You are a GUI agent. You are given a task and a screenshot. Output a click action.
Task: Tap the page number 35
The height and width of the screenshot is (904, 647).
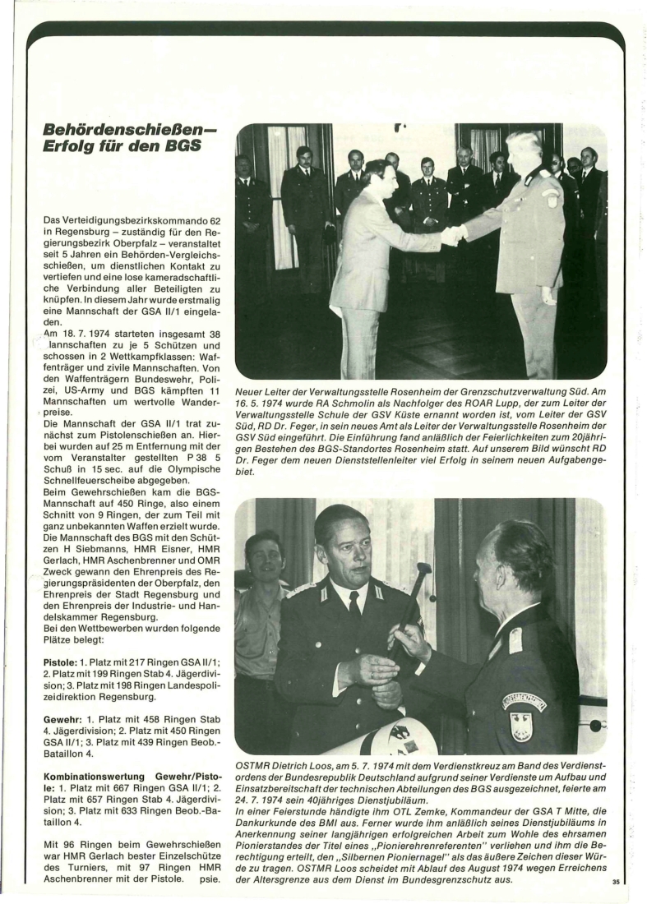coord(615,882)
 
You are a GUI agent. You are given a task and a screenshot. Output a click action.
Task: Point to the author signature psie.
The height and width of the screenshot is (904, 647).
coord(210,880)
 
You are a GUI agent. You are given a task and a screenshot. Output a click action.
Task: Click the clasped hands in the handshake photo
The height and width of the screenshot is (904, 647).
coord(452,236)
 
